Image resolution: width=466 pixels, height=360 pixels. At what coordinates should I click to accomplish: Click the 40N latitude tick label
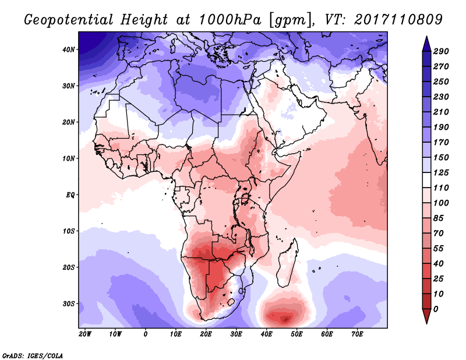pos(69,50)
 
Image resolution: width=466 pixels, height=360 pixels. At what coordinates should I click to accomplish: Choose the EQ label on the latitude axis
pos(70,195)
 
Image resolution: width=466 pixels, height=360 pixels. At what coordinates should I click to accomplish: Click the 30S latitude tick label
pos(69,303)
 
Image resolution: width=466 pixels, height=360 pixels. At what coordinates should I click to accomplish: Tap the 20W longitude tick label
pos(85,334)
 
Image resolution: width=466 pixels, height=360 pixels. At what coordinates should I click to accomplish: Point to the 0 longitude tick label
pos(146,334)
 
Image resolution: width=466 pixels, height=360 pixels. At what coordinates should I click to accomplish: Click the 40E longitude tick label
pos(267,334)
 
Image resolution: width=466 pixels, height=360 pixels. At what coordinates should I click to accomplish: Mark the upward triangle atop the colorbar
pos(426,42)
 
